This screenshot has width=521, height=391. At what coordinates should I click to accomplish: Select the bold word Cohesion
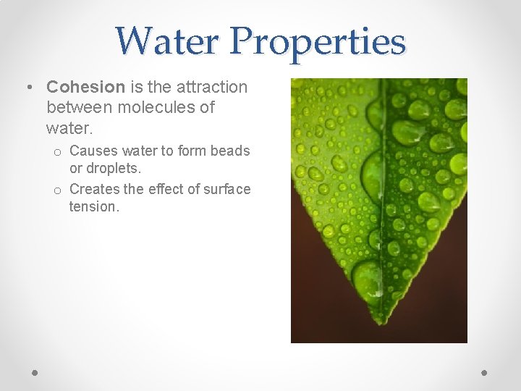pos(86,88)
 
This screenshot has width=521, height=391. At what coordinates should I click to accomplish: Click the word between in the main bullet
pos(77,108)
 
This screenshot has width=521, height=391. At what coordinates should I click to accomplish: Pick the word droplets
pos(113,168)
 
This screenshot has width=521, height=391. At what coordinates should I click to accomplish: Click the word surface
pos(226,190)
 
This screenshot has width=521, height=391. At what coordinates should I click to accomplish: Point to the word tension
pos(93,207)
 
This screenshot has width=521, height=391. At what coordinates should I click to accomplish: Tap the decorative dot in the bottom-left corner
pos(35,372)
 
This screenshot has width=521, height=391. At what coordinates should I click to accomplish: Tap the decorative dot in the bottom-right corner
pos(485,372)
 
